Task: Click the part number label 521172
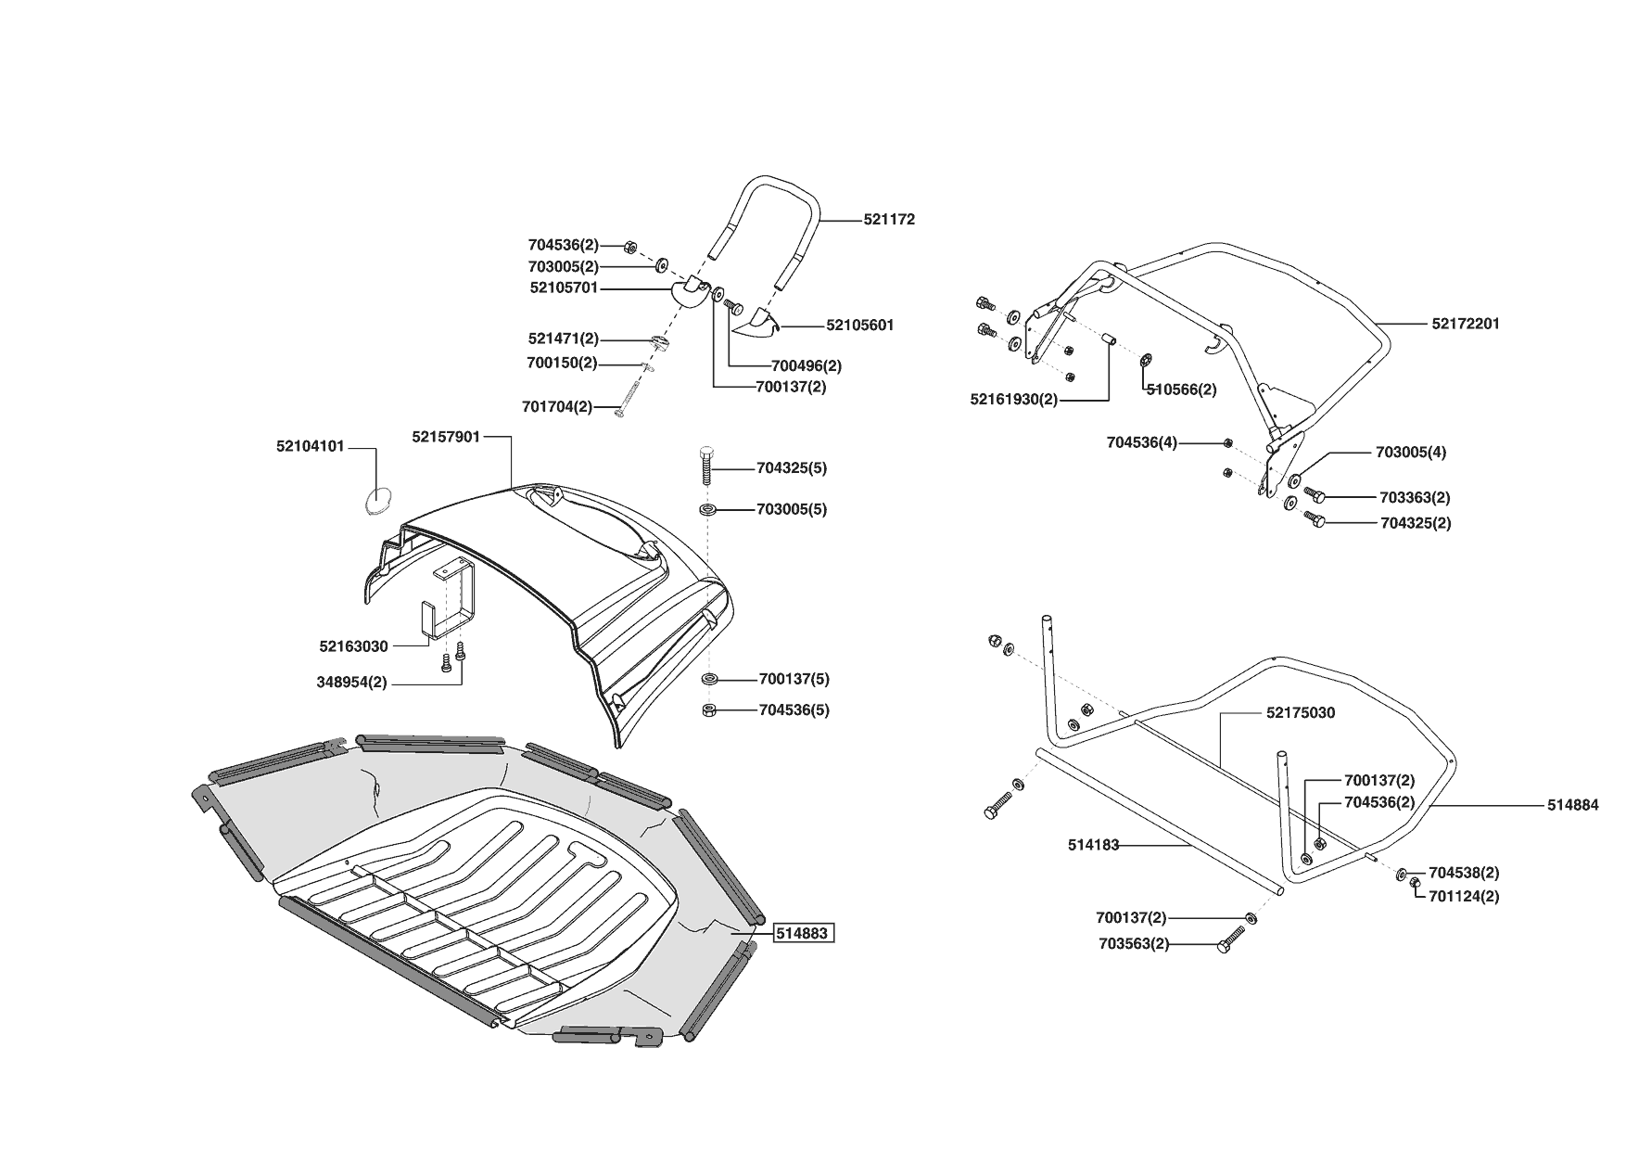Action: point(889,220)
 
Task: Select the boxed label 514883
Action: point(802,933)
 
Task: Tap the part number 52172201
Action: point(1466,324)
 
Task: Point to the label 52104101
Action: point(310,446)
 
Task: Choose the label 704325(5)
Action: point(792,468)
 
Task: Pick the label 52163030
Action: point(353,646)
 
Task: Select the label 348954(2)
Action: point(351,683)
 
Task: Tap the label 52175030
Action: point(1301,713)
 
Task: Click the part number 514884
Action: point(1572,806)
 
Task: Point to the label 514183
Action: point(1094,845)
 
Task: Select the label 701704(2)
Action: point(556,406)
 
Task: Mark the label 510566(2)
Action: point(1181,390)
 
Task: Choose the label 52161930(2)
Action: point(1013,400)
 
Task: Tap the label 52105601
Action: point(860,326)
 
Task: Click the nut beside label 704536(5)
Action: point(708,710)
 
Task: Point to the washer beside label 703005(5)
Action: point(708,510)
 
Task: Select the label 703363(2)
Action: point(1416,498)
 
